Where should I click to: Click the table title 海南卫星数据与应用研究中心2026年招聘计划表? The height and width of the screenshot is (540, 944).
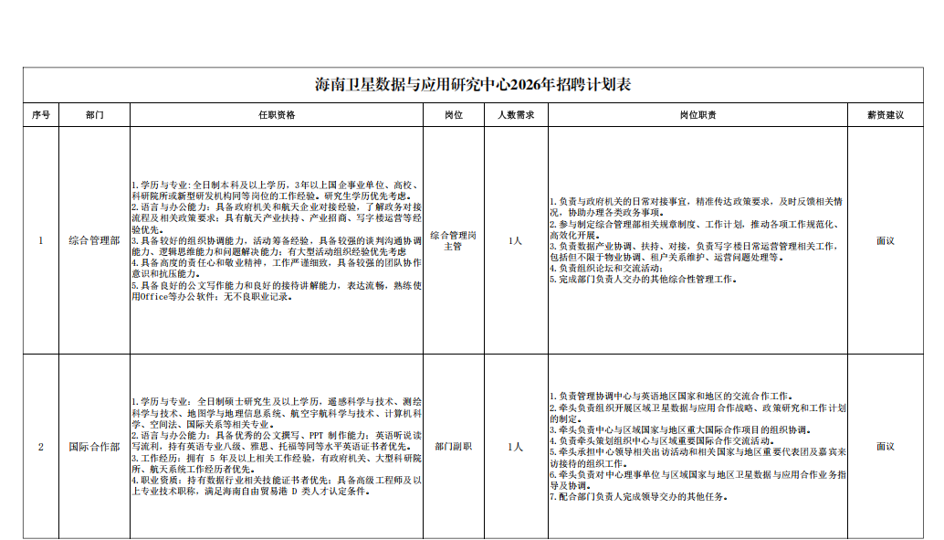click(x=473, y=84)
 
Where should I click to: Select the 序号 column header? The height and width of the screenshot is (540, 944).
click(x=41, y=114)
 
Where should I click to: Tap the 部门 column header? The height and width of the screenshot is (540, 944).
click(x=95, y=114)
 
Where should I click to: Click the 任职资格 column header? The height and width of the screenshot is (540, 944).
click(x=277, y=114)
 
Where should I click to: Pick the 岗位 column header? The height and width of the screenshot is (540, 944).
click(x=454, y=114)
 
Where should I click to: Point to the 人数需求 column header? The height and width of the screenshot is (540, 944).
click(x=516, y=114)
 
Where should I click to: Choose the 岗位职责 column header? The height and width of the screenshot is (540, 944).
click(x=698, y=114)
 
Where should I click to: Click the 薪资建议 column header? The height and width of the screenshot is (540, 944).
click(x=886, y=114)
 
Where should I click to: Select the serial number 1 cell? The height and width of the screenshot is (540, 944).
click(x=41, y=240)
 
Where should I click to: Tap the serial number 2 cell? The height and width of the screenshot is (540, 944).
click(x=41, y=447)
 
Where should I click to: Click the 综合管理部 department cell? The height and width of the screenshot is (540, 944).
click(x=95, y=240)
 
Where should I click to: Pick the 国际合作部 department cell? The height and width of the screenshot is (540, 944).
click(x=95, y=447)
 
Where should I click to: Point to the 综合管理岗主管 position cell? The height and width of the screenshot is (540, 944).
click(x=454, y=240)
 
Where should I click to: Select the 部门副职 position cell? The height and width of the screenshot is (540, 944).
click(x=454, y=447)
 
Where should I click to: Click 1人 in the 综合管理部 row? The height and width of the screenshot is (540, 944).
click(x=515, y=240)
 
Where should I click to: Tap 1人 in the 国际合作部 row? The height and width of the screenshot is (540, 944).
click(x=515, y=447)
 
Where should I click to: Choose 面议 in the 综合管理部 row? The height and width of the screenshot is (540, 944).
click(x=886, y=240)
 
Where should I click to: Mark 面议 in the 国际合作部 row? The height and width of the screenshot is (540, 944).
click(x=886, y=447)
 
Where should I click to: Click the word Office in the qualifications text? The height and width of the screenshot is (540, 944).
click(x=154, y=297)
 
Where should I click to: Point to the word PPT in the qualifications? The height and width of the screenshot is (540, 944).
click(x=317, y=435)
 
